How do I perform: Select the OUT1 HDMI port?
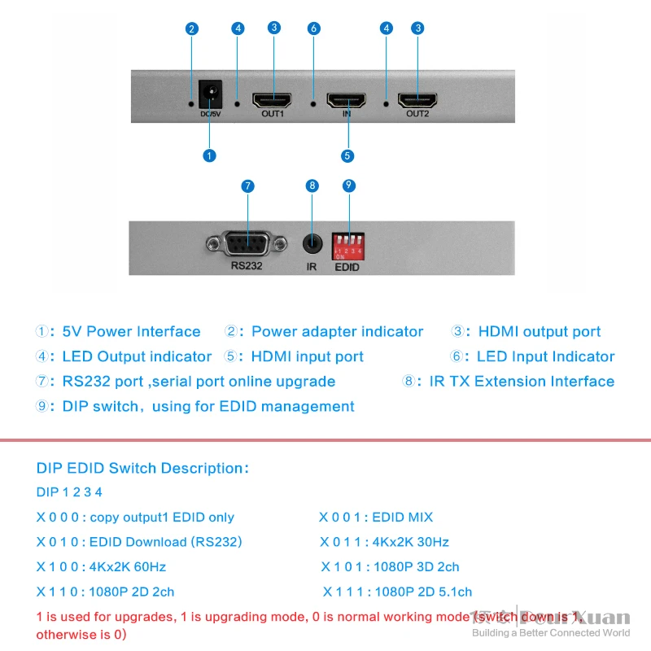[x=273, y=101]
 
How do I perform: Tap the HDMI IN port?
[x=347, y=101]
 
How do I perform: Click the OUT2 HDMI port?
[x=417, y=101]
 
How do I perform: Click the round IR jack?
[x=311, y=243]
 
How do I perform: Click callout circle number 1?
[x=210, y=155]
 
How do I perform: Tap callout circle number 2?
[x=192, y=29]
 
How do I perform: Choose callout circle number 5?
[x=347, y=155]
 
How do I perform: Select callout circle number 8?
[x=311, y=186]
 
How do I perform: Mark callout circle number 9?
[x=348, y=186]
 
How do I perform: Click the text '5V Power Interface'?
[x=131, y=331]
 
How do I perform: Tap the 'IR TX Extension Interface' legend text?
[x=521, y=382]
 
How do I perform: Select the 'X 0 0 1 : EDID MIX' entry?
[x=376, y=517]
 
